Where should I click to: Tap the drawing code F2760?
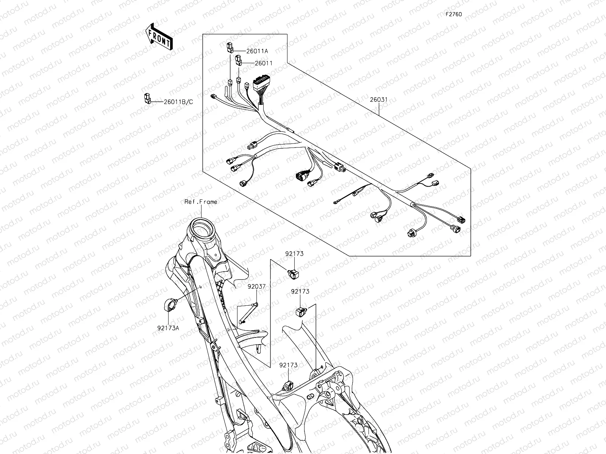pos(453,14)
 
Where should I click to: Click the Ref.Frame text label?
pos(201,202)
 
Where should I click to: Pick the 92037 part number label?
pos(257,287)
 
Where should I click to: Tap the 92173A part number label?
pos(168,328)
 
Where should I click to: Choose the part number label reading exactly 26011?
pos(264,63)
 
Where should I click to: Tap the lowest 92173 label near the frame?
pos(289,365)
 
